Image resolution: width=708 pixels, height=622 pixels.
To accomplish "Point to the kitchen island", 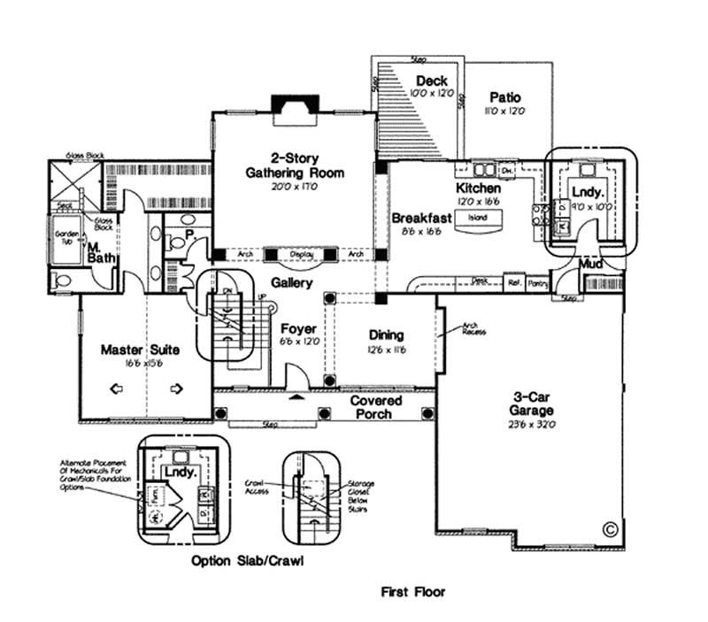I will [477, 218].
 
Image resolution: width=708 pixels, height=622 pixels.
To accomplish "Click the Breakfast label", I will [421, 218].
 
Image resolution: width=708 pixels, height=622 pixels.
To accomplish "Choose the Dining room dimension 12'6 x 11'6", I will [387, 349].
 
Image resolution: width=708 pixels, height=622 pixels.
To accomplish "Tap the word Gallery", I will [291, 283].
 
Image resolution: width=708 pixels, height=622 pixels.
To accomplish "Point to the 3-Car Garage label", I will [531, 403].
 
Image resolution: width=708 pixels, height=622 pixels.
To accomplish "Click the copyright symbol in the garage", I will [608, 529].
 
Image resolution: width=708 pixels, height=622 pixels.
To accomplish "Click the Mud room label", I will [591, 265].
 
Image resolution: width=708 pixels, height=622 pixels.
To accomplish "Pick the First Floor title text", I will [413, 592].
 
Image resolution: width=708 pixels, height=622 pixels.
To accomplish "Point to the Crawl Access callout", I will [258, 488].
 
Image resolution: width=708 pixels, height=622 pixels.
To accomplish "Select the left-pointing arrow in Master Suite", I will [115, 388].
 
